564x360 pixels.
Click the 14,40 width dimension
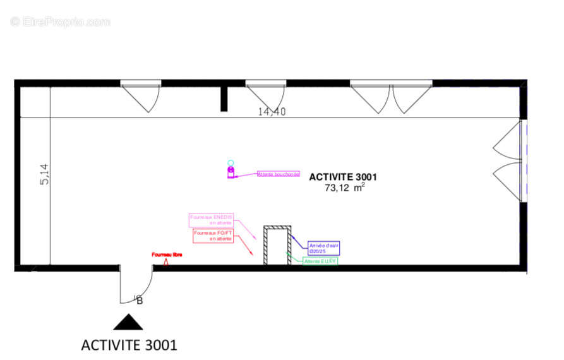(x=272, y=112)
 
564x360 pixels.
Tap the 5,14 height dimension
(x=44, y=174)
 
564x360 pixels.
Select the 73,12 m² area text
(x=344, y=188)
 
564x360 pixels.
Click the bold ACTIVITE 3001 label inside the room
(x=343, y=177)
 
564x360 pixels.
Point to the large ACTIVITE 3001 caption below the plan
(x=129, y=345)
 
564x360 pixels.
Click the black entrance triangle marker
(x=128, y=322)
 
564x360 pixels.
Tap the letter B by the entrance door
(x=140, y=301)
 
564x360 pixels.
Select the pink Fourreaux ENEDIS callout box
(x=212, y=220)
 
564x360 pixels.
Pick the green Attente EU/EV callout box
(x=320, y=261)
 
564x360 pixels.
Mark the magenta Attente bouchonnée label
(x=278, y=174)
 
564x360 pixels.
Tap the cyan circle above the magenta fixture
(x=231, y=163)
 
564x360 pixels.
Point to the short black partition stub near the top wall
(x=224, y=99)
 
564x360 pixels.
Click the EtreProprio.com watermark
(x=60, y=21)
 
